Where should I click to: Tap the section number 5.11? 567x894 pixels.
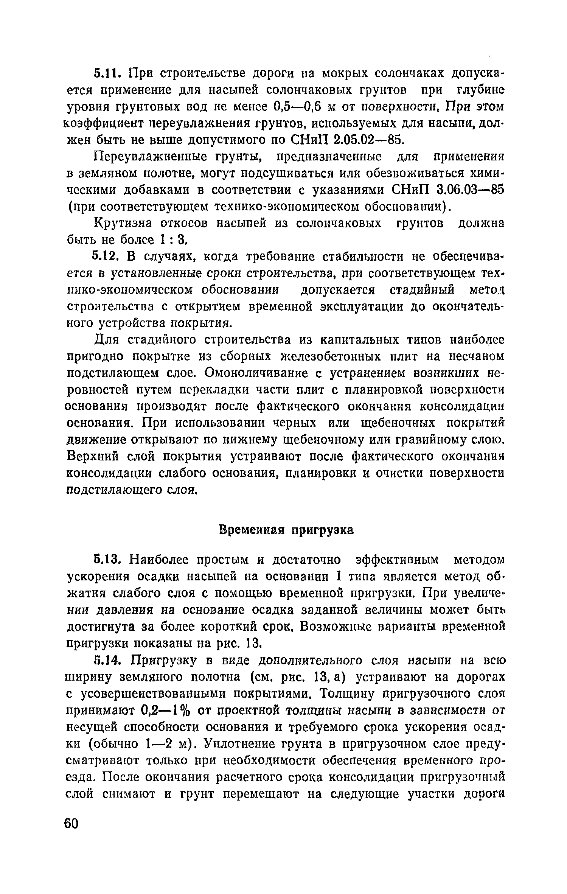[109, 73]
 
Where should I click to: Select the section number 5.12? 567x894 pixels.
[110, 257]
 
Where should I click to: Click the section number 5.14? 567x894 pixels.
[110, 661]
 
